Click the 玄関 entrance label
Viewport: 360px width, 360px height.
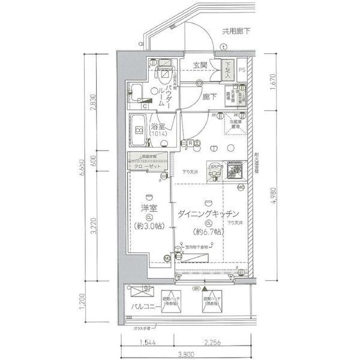(200, 65)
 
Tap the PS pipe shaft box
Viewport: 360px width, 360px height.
(242, 69)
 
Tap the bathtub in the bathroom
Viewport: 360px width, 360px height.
(139, 129)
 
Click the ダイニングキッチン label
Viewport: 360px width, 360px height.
(208, 213)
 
